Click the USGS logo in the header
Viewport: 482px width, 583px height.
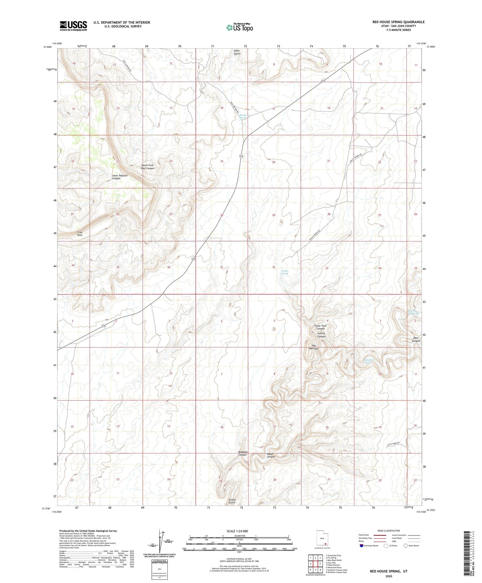tap(73, 26)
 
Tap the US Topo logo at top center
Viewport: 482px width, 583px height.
tap(239, 27)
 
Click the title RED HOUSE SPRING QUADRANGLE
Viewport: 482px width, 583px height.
tap(398, 22)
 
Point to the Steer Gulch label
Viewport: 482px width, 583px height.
tap(237, 52)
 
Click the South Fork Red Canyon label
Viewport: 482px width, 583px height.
tap(148, 167)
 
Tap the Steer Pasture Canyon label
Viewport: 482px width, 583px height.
tap(120, 177)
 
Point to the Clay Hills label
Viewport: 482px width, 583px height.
tap(80, 233)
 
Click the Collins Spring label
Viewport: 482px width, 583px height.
tap(285, 272)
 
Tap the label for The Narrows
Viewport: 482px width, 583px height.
tap(314, 347)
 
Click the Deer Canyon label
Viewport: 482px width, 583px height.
tap(416, 339)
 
